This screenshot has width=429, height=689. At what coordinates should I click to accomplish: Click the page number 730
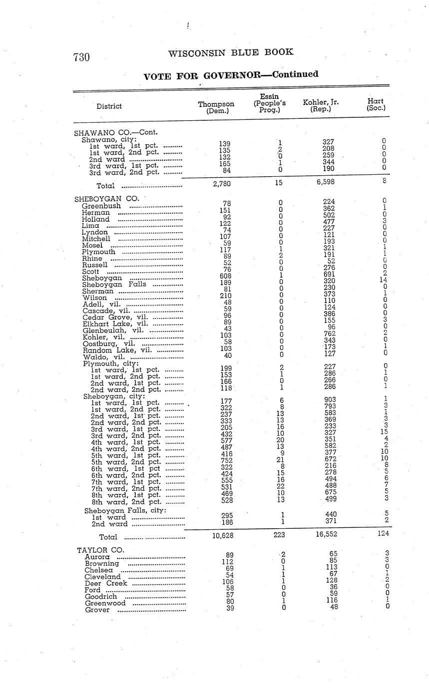pyautogui.click(x=81, y=58)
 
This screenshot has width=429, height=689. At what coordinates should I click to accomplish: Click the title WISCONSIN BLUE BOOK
pyautogui.click(x=231, y=52)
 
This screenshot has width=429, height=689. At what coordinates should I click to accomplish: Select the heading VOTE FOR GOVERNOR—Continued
pyautogui.click(x=231, y=75)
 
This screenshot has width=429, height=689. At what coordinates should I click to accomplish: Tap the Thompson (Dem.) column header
pyautogui.click(x=216, y=107)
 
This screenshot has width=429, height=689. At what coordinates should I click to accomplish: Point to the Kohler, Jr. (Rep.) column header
pyautogui.click(x=321, y=105)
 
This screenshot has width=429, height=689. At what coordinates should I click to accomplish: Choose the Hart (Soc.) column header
pyautogui.click(x=376, y=104)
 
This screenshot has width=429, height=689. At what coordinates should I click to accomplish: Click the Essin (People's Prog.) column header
pyautogui.click(x=269, y=103)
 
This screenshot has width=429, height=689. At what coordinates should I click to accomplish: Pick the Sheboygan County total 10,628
pyautogui.click(x=219, y=536)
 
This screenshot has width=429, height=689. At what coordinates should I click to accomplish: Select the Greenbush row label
pyautogui.click(x=101, y=206)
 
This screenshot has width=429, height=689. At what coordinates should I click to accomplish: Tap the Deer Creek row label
pyautogui.click(x=106, y=583)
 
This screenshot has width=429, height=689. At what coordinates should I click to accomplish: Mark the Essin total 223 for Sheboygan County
pyautogui.click(x=279, y=535)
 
